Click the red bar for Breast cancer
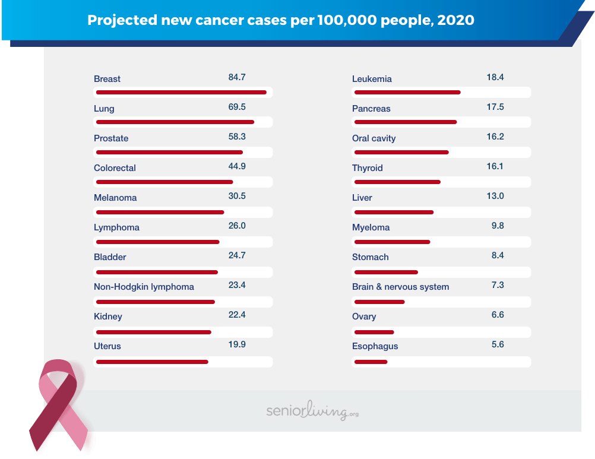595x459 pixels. [181, 92]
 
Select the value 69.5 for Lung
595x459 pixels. [237, 107]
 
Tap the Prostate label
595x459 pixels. [111, 138]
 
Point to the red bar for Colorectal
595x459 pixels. [164, 182]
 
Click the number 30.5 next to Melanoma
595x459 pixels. [237, 196]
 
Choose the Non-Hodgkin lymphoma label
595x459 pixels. [144, 287]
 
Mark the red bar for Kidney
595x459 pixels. [153, 332]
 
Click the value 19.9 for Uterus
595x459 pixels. [237, 344]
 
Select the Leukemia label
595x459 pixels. [372, 79]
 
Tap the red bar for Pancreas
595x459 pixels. [405, 122]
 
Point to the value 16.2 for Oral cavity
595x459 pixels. [495, 137]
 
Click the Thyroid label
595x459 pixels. [368, 168]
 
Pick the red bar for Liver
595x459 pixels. [394, 212]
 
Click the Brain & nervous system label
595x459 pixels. [400, 287]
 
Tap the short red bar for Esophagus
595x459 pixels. [371, 362]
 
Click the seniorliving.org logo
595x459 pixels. [312, 411]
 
